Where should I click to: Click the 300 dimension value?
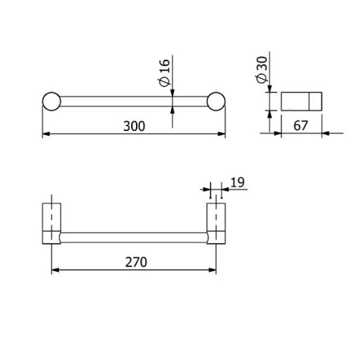(x=134, y=126)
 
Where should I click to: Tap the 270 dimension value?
(x=136, y=262)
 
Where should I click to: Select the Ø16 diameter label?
(x=163, y=73)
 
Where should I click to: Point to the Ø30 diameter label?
(x=262, y=70)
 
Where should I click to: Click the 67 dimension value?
(x=300, y=125)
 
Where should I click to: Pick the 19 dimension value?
(x=237, y=182)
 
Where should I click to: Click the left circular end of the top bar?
(x=51, y=101)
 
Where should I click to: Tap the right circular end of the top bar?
(x=216, y=101)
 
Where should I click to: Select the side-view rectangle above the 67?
(x=302, y=101)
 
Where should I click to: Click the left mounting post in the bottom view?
(x=51, y=223)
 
